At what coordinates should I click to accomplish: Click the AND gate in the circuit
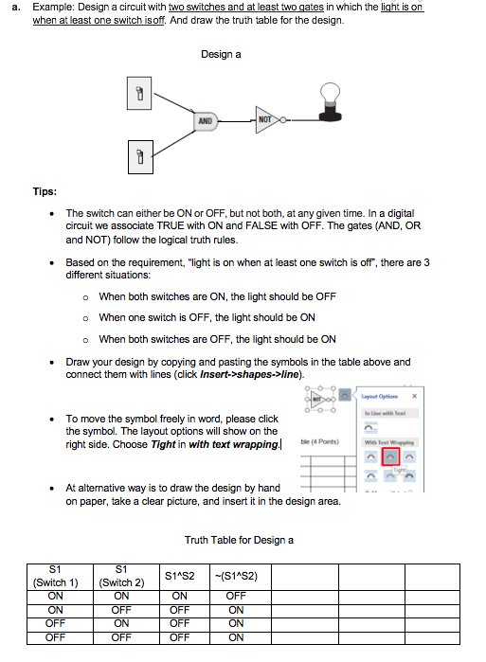[x=205, y=121]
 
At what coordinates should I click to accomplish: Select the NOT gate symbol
[x=266, y=120]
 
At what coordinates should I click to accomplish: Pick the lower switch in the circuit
[x=138, y=156]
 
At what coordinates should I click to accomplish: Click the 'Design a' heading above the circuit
[x=221, y=54]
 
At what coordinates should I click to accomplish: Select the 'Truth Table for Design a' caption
[x=239, y=540]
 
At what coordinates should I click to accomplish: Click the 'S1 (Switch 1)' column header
[x=56, y=576]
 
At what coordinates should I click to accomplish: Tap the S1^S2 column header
[x=179, y=576]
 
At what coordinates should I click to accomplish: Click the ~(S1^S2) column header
[x=237, y=576]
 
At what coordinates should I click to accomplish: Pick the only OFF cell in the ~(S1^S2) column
[x=237, y=596]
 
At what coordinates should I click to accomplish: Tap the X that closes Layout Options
[x=413, y=396]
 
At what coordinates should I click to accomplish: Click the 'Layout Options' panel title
[x=379, y=396]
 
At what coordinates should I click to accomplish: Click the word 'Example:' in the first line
[x=51, y=7]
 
